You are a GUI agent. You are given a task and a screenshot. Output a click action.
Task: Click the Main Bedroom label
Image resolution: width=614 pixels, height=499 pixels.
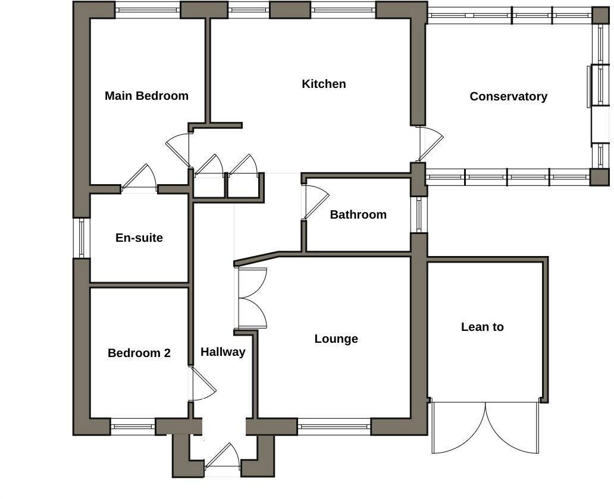pos(146,96)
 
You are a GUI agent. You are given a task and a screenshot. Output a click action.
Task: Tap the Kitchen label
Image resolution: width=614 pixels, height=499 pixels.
pos(324,84)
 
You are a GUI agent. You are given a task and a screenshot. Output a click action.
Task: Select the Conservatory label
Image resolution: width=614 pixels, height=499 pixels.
pos(508,96)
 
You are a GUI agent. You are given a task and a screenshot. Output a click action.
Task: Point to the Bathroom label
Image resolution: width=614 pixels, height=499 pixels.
pos(358,214)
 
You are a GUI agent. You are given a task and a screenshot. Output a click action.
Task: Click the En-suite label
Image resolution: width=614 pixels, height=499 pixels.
pos(139,238)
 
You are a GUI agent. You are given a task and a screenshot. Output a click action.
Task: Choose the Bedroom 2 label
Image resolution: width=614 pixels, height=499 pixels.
pos(139,353)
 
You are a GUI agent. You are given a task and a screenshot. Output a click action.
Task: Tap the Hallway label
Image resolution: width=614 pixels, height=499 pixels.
pos(223,352)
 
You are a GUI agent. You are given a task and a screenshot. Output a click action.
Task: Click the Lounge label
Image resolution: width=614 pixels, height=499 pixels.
pos(336,339)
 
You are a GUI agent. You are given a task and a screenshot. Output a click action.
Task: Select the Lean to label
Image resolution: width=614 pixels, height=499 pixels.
pos(482,327)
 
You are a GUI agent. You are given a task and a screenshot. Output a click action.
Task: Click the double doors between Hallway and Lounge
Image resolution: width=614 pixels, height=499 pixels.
pos(251,298)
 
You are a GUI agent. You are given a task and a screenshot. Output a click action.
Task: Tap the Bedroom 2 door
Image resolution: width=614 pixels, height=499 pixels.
pos(202,385)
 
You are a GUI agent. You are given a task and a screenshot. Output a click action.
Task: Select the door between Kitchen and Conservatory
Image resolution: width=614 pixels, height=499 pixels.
pos(430,143)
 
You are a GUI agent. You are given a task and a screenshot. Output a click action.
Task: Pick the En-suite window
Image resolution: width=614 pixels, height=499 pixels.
pos(81,238)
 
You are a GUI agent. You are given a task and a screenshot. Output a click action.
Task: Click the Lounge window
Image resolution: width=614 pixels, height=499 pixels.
pos(334,426)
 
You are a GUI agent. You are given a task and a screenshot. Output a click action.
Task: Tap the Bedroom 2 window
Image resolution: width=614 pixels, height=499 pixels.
pos(133,426)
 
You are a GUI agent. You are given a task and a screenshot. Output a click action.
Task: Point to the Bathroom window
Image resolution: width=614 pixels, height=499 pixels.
pos(419,214)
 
